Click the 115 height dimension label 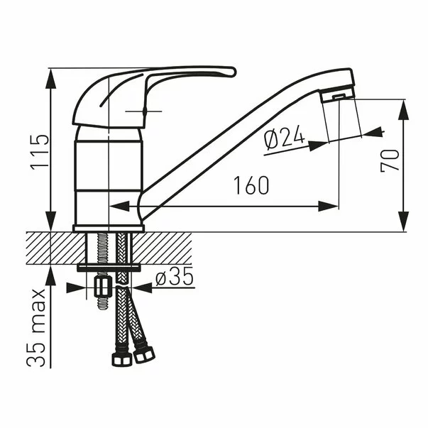pyautogui.click(x=38, y=151)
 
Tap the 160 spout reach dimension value pyautogui.click(x=251, y=186)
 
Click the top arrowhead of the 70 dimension pyautogui.click(x=405, y=109)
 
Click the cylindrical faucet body pyautogui.click(x=109, y=177)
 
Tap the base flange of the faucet pyautogui.click(x=109, y=228)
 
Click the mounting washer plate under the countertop pyautogui.click(x=110, y=268)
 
